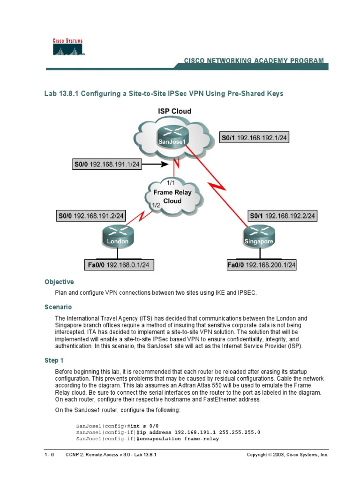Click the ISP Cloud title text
(x=174, y=112)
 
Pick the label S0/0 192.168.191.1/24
(x=107, y=165)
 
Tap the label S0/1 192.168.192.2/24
(x=282, y=216)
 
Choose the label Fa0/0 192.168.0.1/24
(x=119, y=265)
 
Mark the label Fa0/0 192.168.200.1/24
(x=262, y=265)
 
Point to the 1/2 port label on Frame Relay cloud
(x=156, y=205)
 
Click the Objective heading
(x=59, y=282)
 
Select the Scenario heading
(x=58, y=307)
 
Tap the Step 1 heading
(x=54, y=360)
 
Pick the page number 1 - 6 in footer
(x=49, y=455)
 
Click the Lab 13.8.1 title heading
(x=164, y=94)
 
